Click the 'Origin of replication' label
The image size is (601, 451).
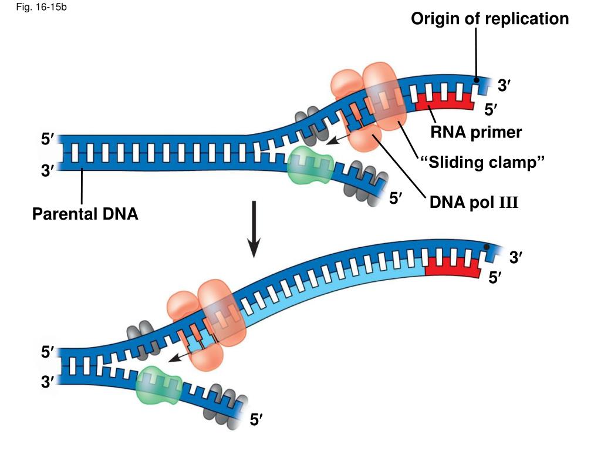(x=489, y=19)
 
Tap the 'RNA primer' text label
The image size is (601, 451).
(x=475, y=132)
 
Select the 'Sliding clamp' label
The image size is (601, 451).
(x=482, y=162)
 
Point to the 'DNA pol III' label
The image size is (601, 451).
(x=474, y=202)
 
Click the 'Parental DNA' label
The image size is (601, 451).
(x=85, y=214)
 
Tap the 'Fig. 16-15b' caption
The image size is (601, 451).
(x=42, y=7)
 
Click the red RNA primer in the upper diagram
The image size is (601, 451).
(x=444, y=101)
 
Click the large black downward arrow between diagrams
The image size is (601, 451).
(x=254, y=229)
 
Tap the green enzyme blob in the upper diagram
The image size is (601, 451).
(x=310, y=166)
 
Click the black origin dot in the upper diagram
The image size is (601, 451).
(x=476, y=80)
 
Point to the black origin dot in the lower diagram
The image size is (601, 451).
(x=487, y=247)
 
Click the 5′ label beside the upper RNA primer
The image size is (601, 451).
(x=491, y=110)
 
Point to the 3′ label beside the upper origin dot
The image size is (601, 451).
(x=504, y=85)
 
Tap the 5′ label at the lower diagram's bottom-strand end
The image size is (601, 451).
(x=256, y=420)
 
